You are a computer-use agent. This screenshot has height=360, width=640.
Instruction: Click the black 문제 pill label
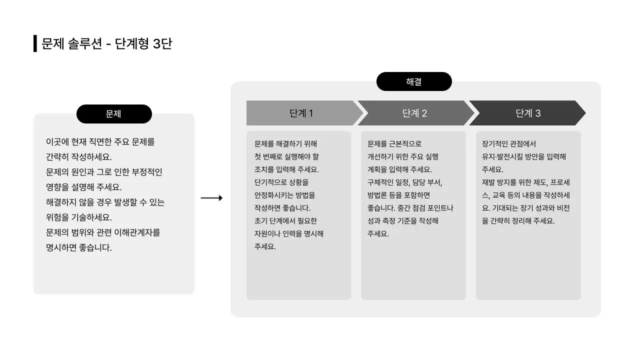click(114, 114)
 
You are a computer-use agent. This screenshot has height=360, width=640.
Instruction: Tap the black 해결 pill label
click(414, 81)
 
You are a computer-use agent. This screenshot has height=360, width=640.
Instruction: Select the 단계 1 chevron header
click(301, 113)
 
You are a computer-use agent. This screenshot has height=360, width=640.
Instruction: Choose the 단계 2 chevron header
click(415, 113)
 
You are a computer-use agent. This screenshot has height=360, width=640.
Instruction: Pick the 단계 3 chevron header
click(528, 113)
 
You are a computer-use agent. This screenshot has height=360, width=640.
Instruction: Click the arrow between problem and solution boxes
click(211, 198)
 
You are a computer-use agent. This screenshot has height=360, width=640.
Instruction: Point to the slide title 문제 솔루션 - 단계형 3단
click(106, 44)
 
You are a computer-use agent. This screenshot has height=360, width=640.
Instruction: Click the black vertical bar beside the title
click(35, 44)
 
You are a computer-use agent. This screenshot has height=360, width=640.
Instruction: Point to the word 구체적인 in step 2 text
click(380, 182)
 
